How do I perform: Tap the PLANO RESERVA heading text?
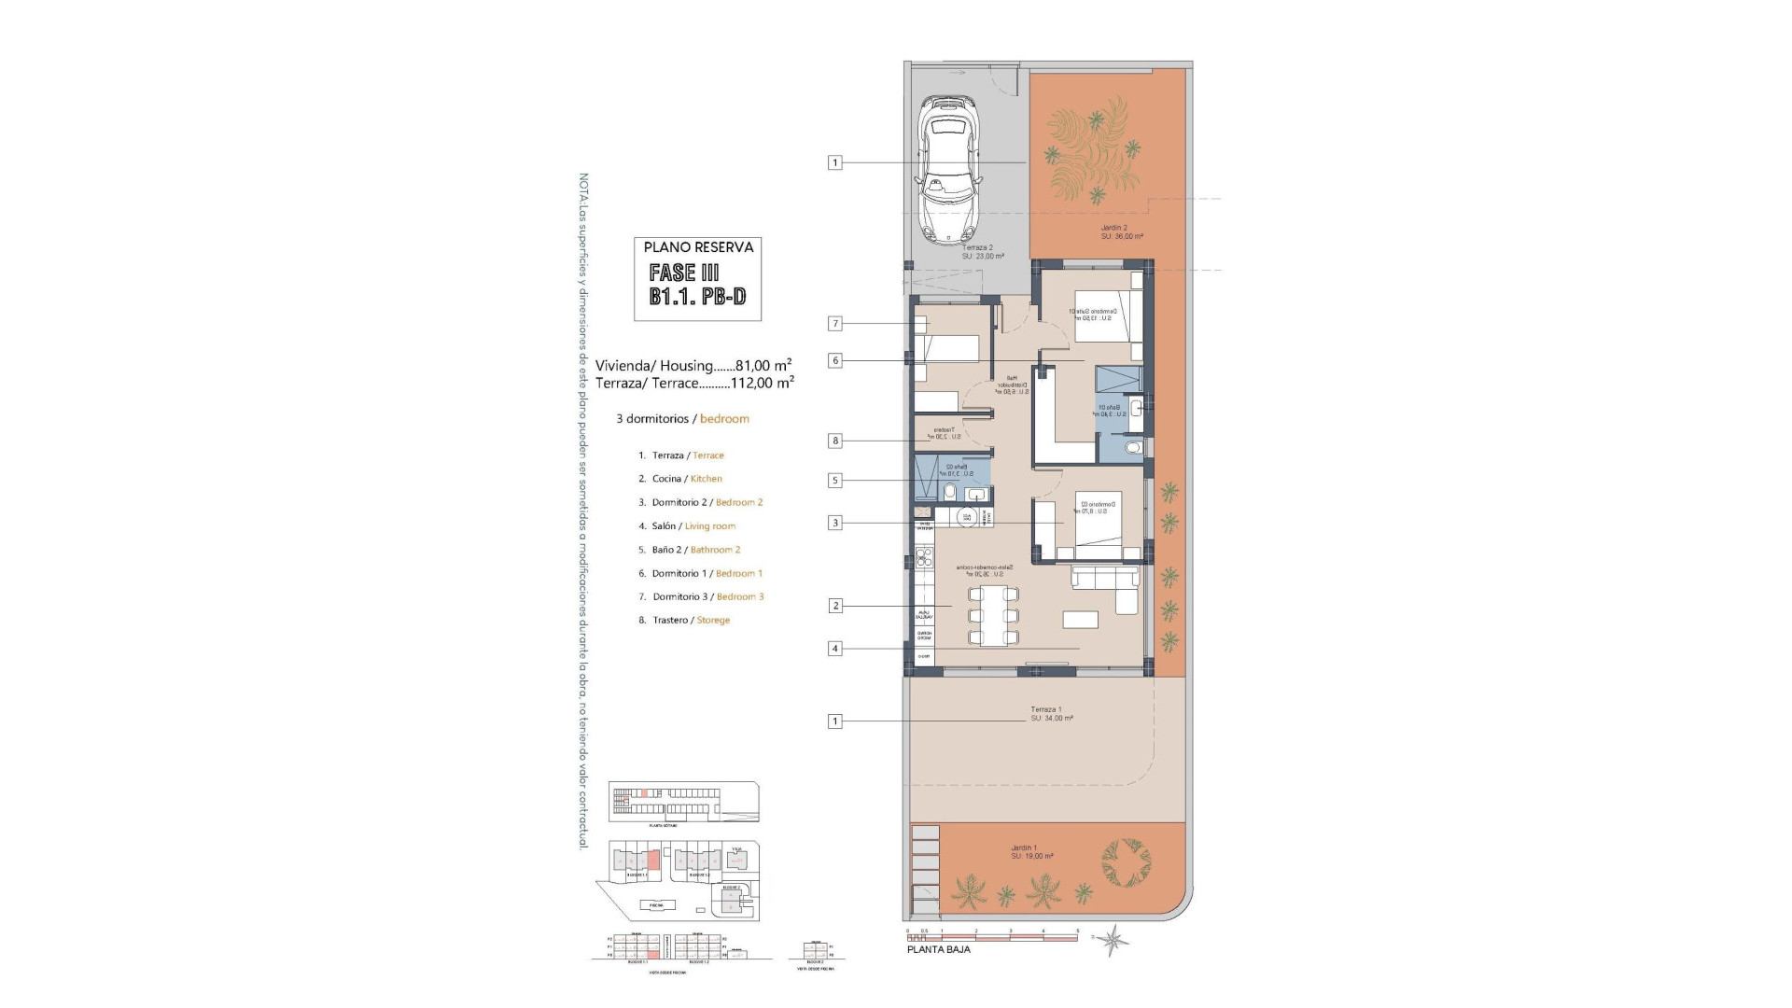698,247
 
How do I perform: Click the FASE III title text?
684,273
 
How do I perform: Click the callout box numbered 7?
835,324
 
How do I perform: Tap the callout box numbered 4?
835,649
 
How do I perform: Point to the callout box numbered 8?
835,441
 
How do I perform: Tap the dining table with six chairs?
993,615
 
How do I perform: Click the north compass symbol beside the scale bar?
1113,939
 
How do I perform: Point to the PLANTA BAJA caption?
939,949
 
